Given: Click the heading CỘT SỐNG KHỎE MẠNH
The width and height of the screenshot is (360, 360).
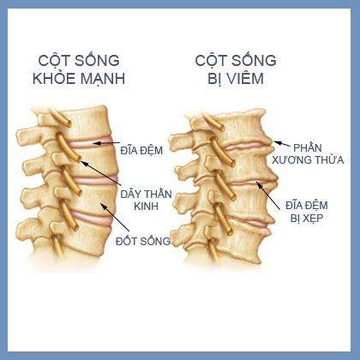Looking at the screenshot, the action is (x=79, y=69).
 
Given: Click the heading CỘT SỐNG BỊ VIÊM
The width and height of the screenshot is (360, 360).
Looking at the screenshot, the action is (x=236, y=69).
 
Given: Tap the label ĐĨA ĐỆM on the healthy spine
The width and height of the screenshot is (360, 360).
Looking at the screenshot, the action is (x=141, y=150).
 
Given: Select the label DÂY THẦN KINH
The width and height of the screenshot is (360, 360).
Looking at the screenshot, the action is (x=146, y=200).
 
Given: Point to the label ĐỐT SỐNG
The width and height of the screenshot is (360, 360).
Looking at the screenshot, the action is (x=143, y=241).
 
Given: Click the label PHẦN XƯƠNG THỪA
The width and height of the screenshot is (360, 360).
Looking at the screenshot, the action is (x=308, y=153).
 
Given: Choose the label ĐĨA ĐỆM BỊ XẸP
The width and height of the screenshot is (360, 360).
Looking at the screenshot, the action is (x=307, y=212).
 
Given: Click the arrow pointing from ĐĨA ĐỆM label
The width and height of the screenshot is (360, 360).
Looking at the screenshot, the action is (x=106, y=143).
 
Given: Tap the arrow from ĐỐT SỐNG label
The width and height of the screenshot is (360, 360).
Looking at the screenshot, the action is (x=115, y=217).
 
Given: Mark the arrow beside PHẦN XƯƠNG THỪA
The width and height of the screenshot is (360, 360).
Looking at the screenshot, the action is (x=282, y=144).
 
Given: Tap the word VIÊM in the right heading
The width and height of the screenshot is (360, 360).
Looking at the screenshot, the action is (x=245, y=79).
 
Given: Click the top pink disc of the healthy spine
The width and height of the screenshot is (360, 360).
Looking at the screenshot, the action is (x=91, y=142).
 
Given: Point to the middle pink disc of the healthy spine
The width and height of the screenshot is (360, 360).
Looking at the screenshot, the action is (x=96, y=180).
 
